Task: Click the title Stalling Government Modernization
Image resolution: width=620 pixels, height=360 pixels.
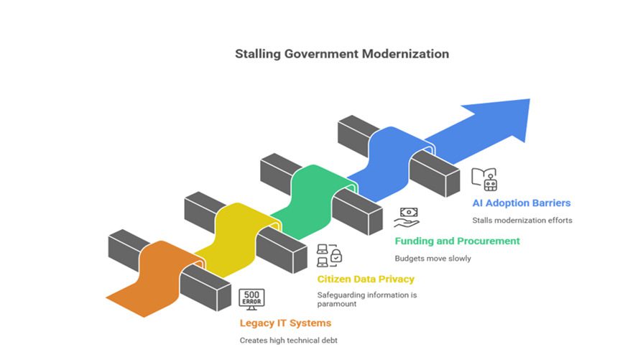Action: click(342, 54)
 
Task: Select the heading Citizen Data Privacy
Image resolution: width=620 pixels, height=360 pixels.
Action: click(366, 278)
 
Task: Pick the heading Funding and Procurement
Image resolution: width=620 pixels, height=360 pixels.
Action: click(457, 241)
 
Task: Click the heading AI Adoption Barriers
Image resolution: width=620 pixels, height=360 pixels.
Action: click(521, 203)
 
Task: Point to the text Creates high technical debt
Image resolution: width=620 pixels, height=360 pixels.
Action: click(288, 340)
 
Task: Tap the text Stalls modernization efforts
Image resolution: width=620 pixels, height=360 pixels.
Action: click(522, 221)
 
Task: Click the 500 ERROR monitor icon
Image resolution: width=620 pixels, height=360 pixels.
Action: click(252, 298)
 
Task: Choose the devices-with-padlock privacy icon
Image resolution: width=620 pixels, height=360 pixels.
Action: click(330, 253)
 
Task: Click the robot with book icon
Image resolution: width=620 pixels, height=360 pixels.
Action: click(484, 179)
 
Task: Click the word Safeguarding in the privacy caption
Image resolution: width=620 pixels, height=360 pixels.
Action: click(341, 295)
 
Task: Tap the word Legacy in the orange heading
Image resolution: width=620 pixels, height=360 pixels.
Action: click(256, 322)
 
